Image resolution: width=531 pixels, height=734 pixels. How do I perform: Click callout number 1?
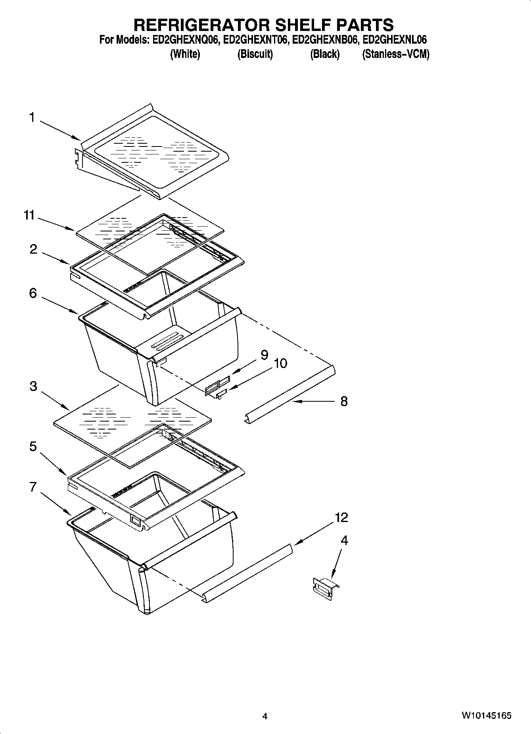(x=31, y=118)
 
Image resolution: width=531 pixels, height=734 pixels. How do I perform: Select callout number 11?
(x=29, y=216)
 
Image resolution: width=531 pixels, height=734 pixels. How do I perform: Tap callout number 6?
(x=33, y=293)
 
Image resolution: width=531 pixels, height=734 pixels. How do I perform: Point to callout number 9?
(x=264, y=354)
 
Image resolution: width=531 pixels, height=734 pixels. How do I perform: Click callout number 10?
(x=280, y=363)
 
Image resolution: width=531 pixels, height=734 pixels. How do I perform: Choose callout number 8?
(x=344, y=401)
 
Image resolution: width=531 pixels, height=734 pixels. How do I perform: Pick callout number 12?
(x=341, y=517)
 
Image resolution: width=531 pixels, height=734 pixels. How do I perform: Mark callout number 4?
(x=345, y=540)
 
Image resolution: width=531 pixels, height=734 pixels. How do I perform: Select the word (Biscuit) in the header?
(x=255, y=54)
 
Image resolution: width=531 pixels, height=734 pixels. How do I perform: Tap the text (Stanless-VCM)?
(x=395, y=54)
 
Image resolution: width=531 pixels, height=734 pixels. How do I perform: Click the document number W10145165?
(x=486, y=715)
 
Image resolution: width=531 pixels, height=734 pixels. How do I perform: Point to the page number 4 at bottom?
(x=265, y=716)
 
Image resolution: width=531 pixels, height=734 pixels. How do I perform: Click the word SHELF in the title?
(x=299, y=25)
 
